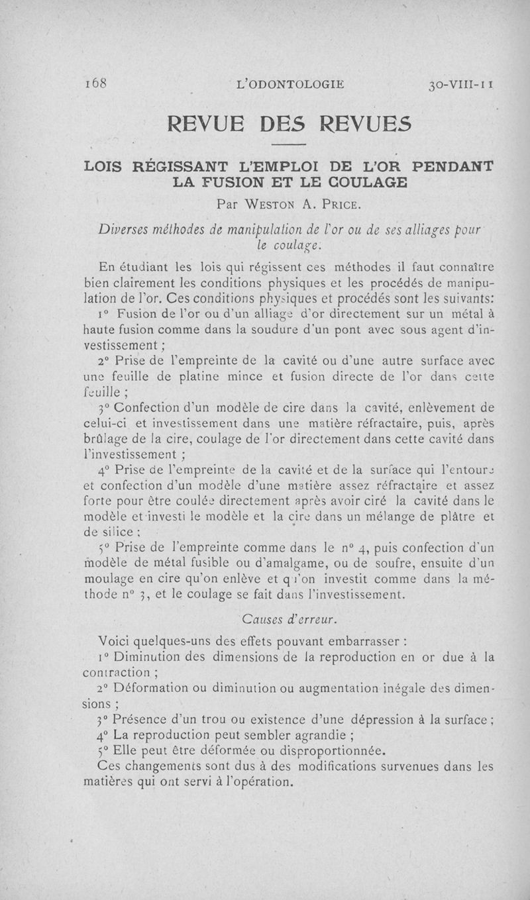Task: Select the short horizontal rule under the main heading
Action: (x=290, y=144)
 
